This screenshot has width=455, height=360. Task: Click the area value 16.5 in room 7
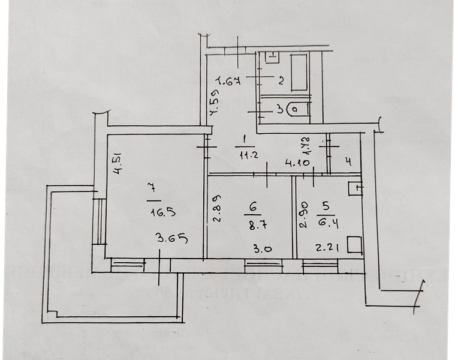[150, 212]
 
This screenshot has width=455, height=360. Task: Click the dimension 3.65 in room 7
[172, 239]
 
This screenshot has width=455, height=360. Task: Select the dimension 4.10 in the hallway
[297, 163]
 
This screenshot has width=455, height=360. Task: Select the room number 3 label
[279, 110]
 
